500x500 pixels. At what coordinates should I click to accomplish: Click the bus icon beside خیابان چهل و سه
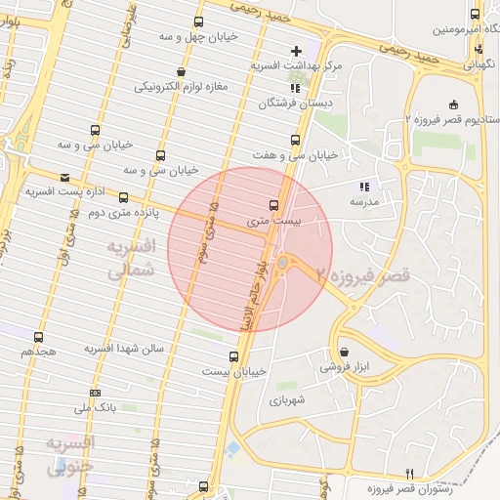[199, 21]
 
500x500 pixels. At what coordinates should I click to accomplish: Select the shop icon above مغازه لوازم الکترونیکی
[181, 71]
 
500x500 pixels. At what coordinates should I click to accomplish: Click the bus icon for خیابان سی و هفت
[295, 140]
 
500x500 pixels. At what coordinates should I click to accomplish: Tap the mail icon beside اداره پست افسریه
[64, 178]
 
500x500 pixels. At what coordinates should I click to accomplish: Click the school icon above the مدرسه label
[363, 186]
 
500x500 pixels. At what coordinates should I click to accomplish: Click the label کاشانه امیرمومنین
[446, 29]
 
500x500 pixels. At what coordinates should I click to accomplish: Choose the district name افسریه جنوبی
[71, 455]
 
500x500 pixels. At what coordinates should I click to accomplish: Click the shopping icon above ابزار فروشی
[344, 353]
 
